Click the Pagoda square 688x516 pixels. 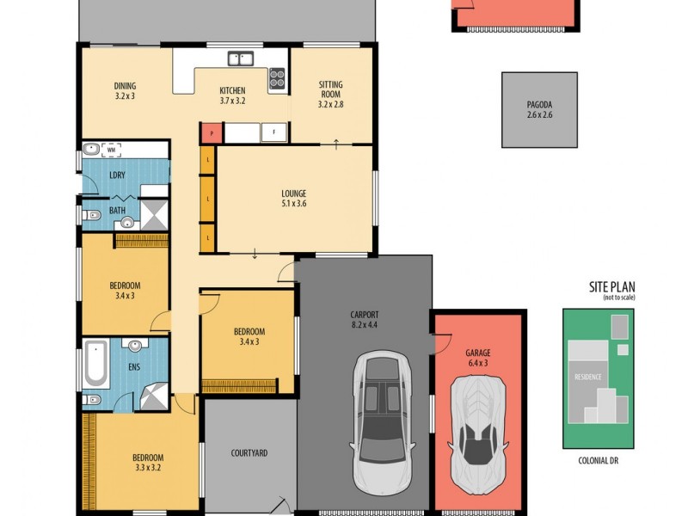click(x=539, y=109)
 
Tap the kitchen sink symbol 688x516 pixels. click(x=240, y=59)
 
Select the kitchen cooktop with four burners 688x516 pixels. click(x=276, y=78)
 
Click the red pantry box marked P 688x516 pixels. click(x=212, y=132)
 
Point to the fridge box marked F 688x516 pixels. click(x=273, y=132)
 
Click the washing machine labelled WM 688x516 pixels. click(x=110, y=150)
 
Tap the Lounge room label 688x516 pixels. click(x=293, y=199)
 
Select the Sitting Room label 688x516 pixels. click(x=331, y=95)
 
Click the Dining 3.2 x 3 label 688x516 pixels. click(x=126, y=91)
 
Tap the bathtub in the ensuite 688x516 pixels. click(x=95, y=364)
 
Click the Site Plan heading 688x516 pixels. click(x=612, y=288)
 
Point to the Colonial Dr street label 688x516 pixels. click(x=598, y=460)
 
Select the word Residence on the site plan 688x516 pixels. click(x=588, y=377)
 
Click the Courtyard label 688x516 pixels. click(x=249, y=452)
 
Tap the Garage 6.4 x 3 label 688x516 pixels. click(x=477, y=358)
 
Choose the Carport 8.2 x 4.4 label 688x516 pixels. click(x=365, y=320)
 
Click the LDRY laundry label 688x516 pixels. click(x=117, y=175)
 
